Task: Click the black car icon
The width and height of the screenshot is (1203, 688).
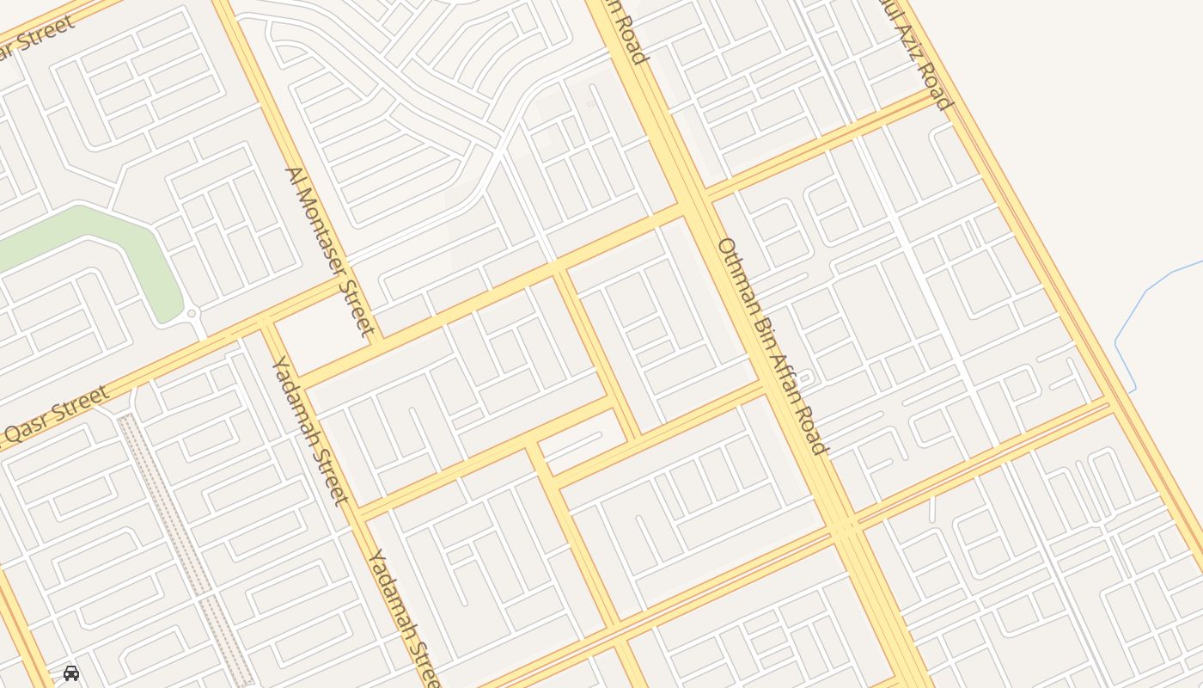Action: tap(71, 673)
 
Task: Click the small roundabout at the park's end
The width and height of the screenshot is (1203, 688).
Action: tap(191, 314)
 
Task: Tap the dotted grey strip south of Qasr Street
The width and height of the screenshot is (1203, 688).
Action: tap(185, 542)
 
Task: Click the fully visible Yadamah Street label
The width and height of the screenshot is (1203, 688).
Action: tap(310, 430)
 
